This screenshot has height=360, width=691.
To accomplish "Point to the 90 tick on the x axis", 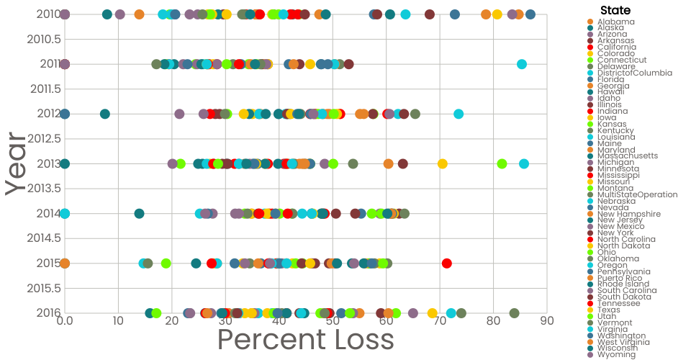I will tap(547, 319).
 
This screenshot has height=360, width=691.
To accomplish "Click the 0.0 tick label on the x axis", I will tap(65, 319).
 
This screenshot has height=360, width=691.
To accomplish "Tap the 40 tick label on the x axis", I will tap(279, 319).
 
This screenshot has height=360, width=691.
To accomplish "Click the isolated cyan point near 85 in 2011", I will tap(522, 65).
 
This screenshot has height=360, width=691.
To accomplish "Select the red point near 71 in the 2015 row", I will tap(447, 263).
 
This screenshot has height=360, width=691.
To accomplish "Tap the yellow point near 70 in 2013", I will tap(442, 163).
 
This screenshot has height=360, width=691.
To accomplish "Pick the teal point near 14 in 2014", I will tap(140, 213).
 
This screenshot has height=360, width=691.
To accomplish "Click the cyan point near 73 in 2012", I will tap(459, 114).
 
